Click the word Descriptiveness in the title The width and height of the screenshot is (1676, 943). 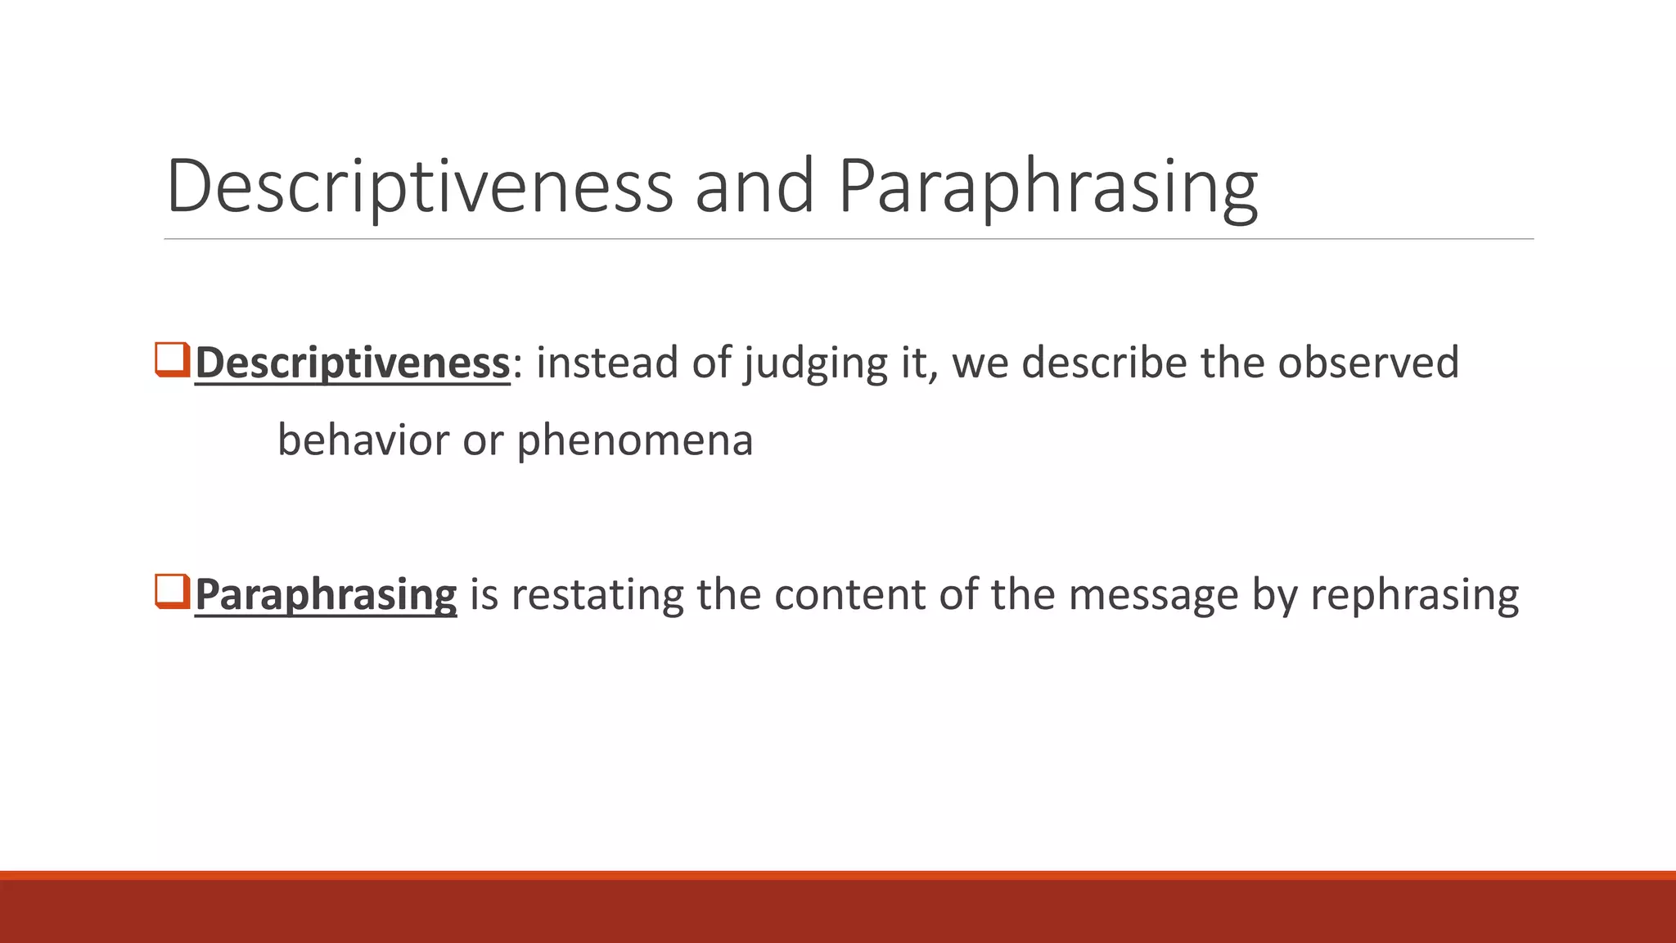(x=420, y=187)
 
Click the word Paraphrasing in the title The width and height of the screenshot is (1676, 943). (x=1047, y=187)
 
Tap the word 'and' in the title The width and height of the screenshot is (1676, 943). (x=754, y=187)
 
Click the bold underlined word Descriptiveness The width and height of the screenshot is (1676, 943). (x=353, y=363)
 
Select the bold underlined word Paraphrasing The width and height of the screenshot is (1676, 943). (x=326, y=594)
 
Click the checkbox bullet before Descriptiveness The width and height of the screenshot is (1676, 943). (x=172, y=360)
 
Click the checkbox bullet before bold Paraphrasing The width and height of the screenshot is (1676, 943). (x=172, y=592)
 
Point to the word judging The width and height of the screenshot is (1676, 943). (x=815, y=363)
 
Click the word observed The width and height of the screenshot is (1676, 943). (x=1368, y=363)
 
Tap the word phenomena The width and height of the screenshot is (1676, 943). (x=634, y=441)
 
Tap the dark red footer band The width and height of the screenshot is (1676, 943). (x=838, y=910)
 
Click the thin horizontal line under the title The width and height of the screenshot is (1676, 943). (x=848, y=239)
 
